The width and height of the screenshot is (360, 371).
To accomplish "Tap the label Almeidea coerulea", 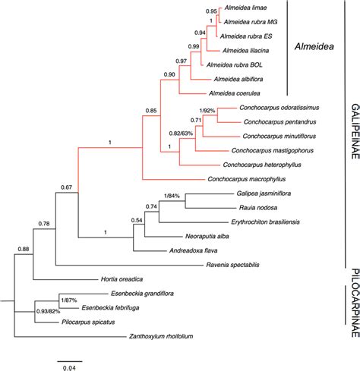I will (245, 93).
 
